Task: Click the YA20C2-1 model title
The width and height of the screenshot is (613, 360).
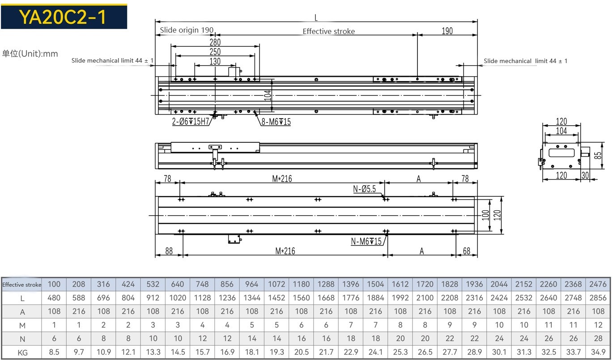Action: coord(63,17)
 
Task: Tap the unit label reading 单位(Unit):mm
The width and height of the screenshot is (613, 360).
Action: coord(30,54)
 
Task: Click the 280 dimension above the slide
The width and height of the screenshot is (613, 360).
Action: coord(215,42)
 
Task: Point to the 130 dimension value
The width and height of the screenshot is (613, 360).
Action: coord(215,61)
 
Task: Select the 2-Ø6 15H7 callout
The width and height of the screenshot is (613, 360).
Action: coord(191,122)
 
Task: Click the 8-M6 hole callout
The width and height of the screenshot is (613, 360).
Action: coord(276,122)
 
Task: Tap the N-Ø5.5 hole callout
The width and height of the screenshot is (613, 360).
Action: coord(364,189)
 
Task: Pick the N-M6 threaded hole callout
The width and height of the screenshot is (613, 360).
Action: coord(366,241)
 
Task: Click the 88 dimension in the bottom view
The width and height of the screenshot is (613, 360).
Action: coord(169,251)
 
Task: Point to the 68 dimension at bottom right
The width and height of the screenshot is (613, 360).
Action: coord(467,251)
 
